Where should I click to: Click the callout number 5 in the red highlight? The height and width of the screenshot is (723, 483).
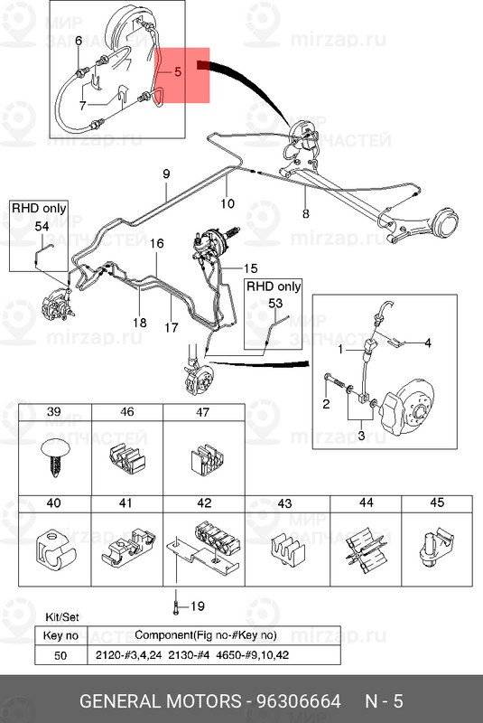point(178,72)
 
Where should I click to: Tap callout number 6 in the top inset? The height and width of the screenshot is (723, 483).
point(79,41)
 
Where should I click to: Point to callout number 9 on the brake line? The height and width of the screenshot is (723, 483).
point(166,174)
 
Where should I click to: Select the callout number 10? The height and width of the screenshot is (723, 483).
point(228,203)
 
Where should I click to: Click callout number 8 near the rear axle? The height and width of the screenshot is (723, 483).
point(306,213)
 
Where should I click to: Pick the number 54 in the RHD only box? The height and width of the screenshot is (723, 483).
point(42,226)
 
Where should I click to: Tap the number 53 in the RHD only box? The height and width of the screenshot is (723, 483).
point(274,304)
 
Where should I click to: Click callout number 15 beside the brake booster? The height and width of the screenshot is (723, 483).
point(250,268)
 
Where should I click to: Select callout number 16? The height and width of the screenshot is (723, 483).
point(156,243)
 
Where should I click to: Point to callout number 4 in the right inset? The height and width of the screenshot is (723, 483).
point(428,343)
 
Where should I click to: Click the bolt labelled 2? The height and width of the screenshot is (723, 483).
point(335,380)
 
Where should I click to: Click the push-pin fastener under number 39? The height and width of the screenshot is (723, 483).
point(55,457)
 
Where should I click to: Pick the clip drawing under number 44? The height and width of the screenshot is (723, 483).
point(366,549)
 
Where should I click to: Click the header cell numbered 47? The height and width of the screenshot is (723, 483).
point(203,412)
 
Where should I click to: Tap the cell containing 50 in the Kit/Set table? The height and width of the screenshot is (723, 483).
point(60,654)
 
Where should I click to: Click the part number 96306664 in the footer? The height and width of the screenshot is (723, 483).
point(298,701)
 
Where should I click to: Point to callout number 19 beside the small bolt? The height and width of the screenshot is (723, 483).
point(198,606)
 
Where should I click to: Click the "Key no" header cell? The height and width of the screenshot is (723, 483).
point(60,636)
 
